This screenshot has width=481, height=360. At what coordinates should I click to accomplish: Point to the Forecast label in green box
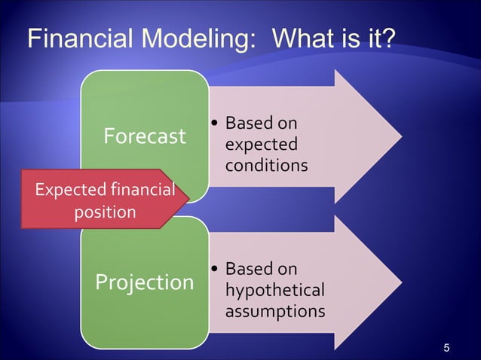tap(144, 136)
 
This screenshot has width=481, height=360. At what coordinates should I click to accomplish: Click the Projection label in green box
tap(144, 282)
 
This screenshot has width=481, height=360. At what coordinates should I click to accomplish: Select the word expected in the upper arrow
tap(262, 144)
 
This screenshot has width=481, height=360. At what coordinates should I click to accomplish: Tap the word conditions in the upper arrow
tap(267, 164)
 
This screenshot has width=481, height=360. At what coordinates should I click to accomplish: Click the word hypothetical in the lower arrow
tap(275, 290)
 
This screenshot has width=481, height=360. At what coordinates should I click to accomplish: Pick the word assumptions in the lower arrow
tap(275, 310)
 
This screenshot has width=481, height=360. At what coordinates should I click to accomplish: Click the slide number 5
tap(447, 347)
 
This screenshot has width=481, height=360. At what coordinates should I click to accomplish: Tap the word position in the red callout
tap(105, 212)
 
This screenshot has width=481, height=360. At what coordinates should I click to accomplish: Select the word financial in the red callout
tap(142, 190)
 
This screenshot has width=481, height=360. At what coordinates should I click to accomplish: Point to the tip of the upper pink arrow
tap(400, 136)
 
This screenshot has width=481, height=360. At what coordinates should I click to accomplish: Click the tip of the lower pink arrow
tap(400, 282)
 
